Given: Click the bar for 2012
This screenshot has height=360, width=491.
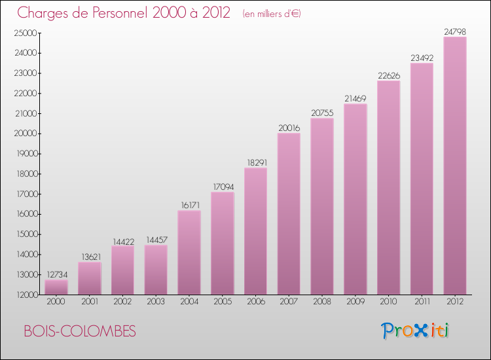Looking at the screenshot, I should pyautogui.click(x=454, y=166).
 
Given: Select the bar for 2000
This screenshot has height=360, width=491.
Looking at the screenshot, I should pyautogui.click(x=56, y=287).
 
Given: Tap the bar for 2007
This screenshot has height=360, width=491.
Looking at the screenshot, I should pyautogui.click(x=289, y=214).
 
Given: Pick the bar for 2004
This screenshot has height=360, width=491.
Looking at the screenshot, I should pyautogui.click(x=189, y=253).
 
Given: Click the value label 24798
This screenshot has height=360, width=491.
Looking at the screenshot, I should pyautogui.click(x=454, y=31).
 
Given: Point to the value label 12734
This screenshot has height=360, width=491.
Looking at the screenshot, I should pyautogui.click(x=56, y=274).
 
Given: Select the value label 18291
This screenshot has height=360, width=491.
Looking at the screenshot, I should pyautogui.click(x=255, y=162).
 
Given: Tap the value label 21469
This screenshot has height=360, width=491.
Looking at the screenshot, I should pyautogui.click(x=355, y=98).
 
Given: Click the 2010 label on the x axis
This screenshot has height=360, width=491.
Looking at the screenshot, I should pyautogui.click(x=388, y=302).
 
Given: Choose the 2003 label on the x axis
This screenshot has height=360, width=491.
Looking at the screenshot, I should pyautogui.click(x=156, y=302).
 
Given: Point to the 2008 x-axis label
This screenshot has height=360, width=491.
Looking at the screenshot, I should pyautogui.click(x=322, y=302).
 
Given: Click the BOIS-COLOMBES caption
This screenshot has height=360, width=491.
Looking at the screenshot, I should pyautogui.click(x=80, y=332).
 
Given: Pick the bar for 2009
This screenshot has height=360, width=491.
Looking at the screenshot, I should pyautogui.click(x=355, y=199).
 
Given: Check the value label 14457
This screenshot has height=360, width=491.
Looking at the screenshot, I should pyautogui.click(x=156, y=240).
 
